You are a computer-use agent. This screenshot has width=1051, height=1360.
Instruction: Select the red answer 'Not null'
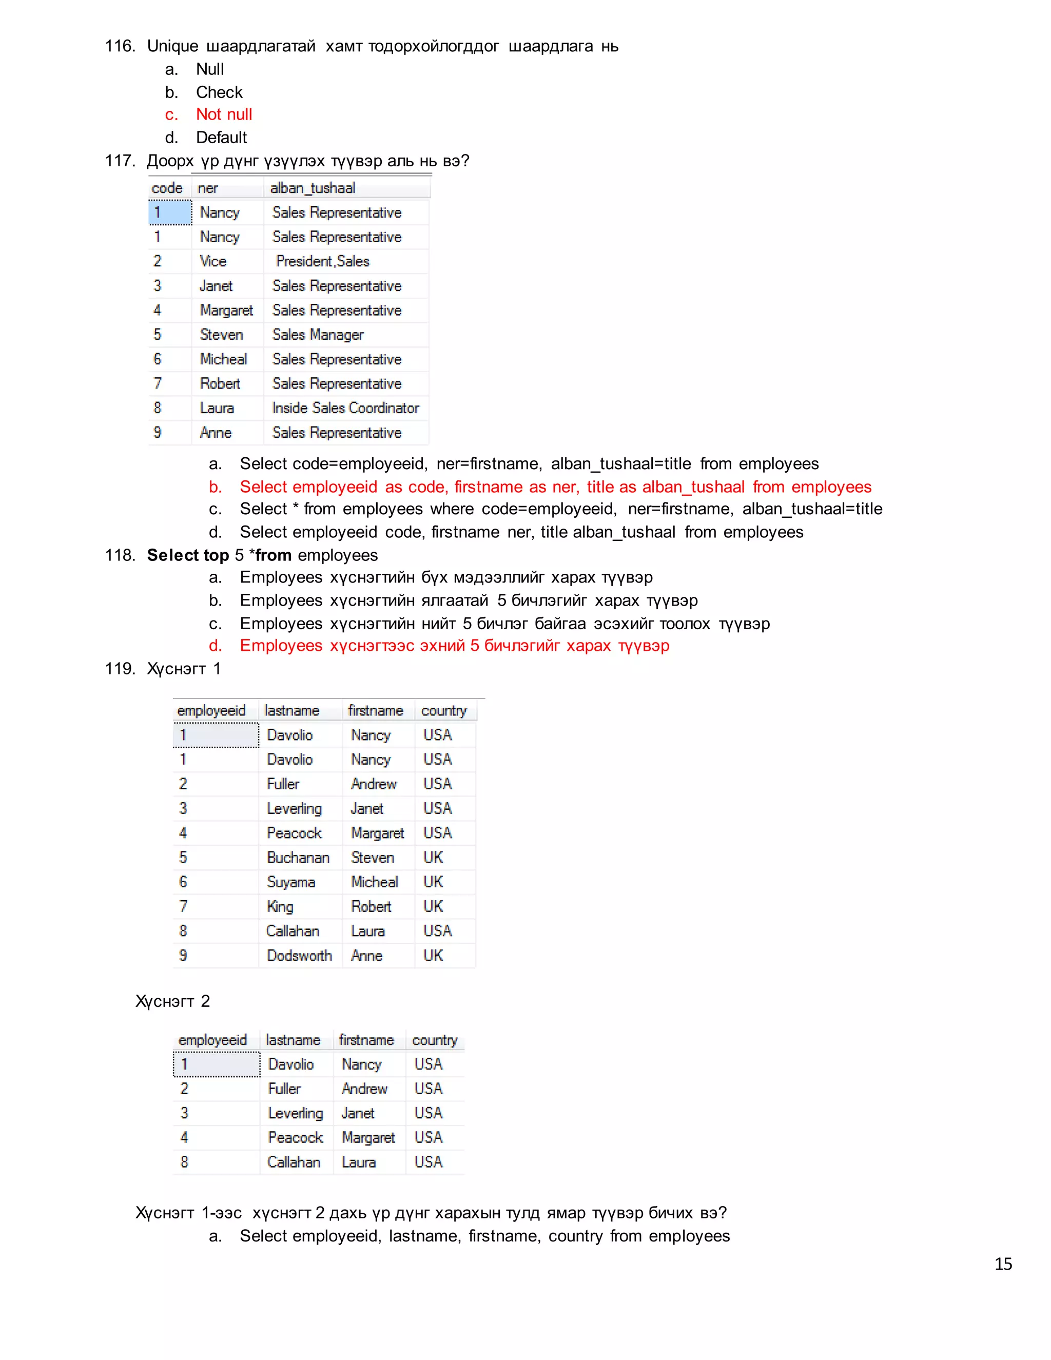coord(224,114)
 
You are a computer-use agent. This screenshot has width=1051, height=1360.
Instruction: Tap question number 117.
coord(120,161)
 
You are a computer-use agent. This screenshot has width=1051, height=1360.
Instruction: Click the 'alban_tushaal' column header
coord(313,188)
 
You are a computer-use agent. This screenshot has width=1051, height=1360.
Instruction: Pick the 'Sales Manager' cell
coord(318,335)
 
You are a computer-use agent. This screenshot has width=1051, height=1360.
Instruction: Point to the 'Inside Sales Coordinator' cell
coord(345,408)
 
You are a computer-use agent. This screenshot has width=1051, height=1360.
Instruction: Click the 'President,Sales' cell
coord(322,262)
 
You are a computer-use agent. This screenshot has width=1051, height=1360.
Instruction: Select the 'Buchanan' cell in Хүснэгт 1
coord(298,858)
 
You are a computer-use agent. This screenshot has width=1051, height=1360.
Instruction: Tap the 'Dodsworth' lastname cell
coord(299,955)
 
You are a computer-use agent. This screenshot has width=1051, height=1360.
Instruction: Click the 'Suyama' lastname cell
coord(291,882)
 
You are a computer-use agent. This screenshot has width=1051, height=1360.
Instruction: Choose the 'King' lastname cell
coord(280,907)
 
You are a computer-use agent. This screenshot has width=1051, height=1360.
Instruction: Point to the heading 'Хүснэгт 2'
coord(172,1001)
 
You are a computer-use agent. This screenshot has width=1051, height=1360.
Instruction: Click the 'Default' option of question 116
coord(221,138)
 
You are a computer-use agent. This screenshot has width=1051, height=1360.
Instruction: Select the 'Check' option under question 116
coord(219,92)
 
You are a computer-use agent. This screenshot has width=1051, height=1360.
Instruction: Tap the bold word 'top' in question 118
coord(216,555)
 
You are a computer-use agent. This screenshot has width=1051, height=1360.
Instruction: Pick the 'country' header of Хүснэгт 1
coord(443,710)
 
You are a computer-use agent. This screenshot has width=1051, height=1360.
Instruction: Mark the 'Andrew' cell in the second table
coord(364,1089)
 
